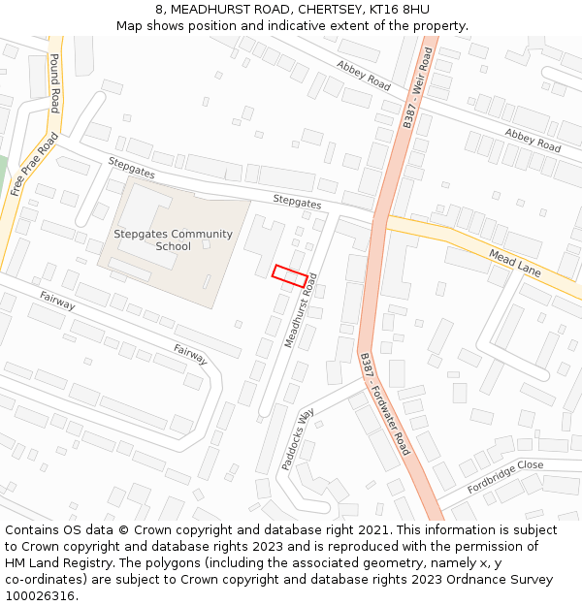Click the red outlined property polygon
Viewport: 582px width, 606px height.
coord(291,275)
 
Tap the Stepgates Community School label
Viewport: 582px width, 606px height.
coord(173,239)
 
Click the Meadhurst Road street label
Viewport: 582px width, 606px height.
coord(302,311)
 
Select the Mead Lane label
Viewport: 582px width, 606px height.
coord(515,263)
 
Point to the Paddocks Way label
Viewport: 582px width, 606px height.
coord(299,439)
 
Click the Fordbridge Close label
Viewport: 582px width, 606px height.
coord(504,476)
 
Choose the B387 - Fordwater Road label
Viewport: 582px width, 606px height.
coord(384,404)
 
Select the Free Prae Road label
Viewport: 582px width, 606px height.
coord(34,165)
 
